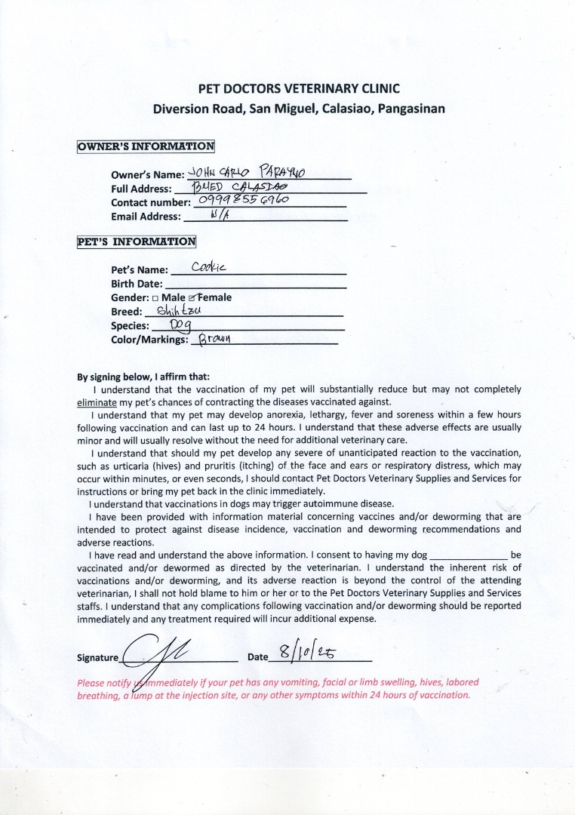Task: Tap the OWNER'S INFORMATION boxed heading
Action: (146, 146)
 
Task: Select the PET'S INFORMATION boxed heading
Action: (137, 242)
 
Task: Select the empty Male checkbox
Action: (155, 298)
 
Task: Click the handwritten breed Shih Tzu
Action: (174, 311)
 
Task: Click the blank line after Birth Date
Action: (255, 285)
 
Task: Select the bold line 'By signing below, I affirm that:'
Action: (143, 377)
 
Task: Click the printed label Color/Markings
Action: (149, 340)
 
